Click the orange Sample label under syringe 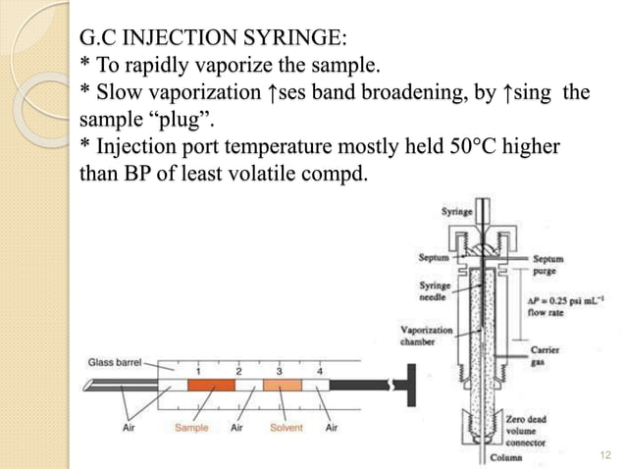tap(192, 428)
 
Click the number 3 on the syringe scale tap(280, 372)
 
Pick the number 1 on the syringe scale tap(199, 372)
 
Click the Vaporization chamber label tap(427, 337)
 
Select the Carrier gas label tap(544, 354)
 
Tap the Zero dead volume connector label tap(530, 427)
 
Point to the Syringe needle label tap(435, 291)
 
